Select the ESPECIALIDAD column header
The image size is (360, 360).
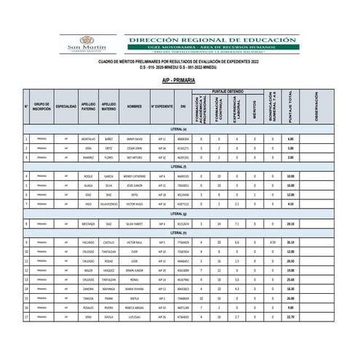[66, 106]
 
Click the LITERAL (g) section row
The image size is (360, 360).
[179, 214]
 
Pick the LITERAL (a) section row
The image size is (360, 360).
[179, 129]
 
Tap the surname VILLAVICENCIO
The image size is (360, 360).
[108, 204]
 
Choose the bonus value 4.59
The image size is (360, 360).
[272, 241]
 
